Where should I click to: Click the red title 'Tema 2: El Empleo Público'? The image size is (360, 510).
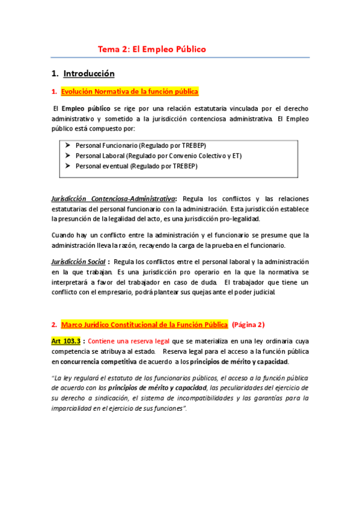[152, 49]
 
